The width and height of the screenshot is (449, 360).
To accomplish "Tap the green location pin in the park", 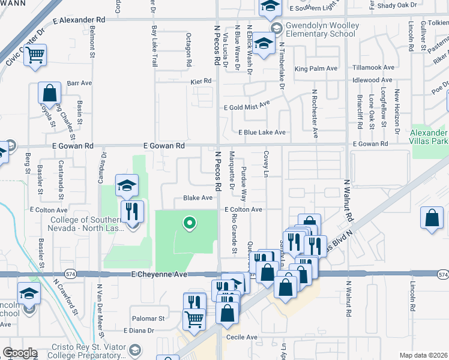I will (189, 224).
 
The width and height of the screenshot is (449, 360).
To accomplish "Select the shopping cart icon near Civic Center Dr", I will (35, 56).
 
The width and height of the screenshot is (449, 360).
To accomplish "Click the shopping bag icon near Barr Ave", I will (49, 94).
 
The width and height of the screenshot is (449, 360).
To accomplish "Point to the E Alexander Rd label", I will (79, 20).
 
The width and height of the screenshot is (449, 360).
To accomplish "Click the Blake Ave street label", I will (198, 198).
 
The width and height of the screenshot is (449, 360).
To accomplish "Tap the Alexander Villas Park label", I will (428, 137).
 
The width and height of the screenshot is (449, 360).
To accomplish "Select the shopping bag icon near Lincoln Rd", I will (432, 220).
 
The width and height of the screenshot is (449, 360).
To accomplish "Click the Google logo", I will (19, 353).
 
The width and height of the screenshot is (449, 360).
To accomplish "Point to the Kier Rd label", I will (202, 81).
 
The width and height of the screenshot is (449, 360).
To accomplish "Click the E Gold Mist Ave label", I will (247, 107).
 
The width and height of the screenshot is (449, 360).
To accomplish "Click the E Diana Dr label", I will (139, 331).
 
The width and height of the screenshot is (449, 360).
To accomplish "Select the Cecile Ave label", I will (242, 337).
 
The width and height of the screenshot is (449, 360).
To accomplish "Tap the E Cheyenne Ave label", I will (160, 274).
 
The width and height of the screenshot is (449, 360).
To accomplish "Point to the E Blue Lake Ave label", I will (262, 132).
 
